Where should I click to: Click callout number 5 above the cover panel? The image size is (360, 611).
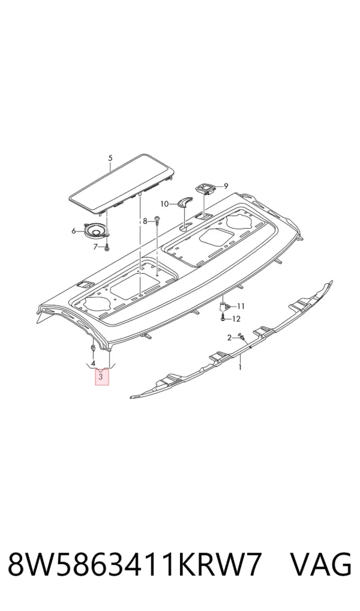110,158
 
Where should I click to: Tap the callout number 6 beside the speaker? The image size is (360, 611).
74,232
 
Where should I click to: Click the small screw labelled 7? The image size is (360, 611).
106,246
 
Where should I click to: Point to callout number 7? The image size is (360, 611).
95,247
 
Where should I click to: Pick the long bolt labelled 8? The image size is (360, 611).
156,221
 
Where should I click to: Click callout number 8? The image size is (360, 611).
145,221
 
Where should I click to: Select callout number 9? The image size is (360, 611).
226,186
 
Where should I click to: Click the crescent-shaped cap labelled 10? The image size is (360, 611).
183,202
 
